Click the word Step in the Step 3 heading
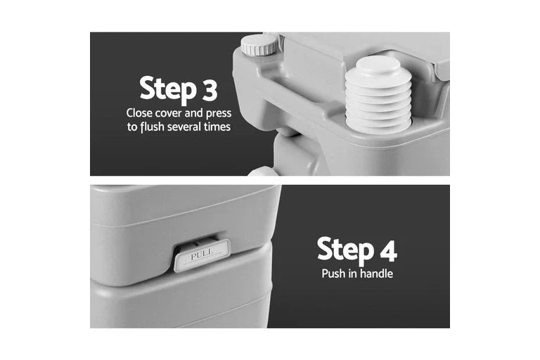tap(166, 89)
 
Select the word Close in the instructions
tap(139, 113)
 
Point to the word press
tap(217, 113)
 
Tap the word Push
tap(333, 274)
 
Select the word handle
tap(376, 274)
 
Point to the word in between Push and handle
tap(352, 274)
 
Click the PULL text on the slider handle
tap(202, 255)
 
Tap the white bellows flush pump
tap(378, 94)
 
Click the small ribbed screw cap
tap(260, 45)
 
